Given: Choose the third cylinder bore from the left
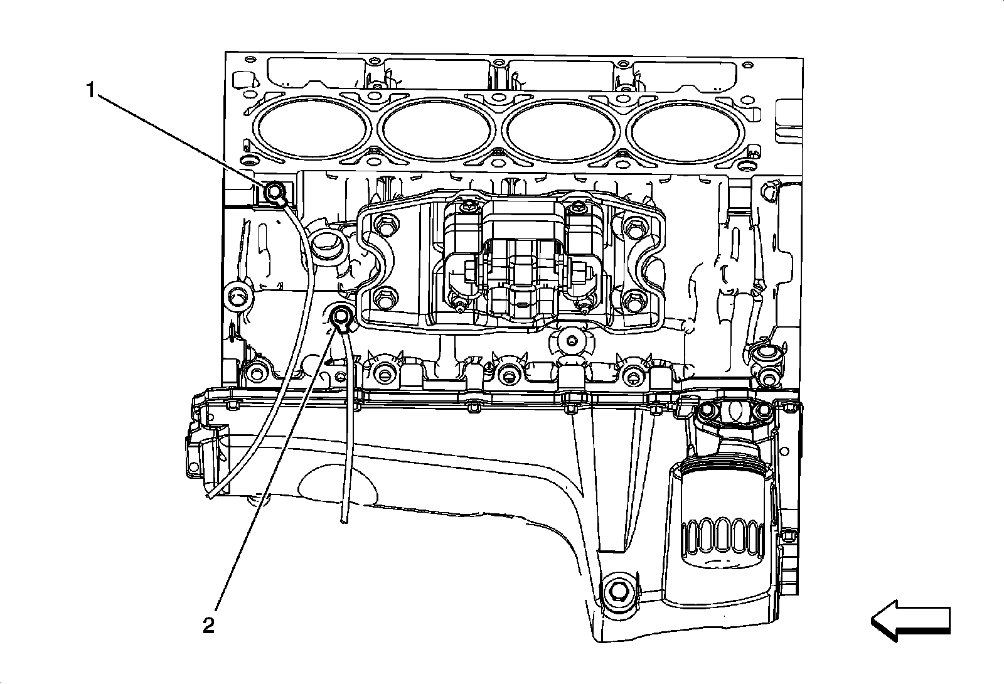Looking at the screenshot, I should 560,130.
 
